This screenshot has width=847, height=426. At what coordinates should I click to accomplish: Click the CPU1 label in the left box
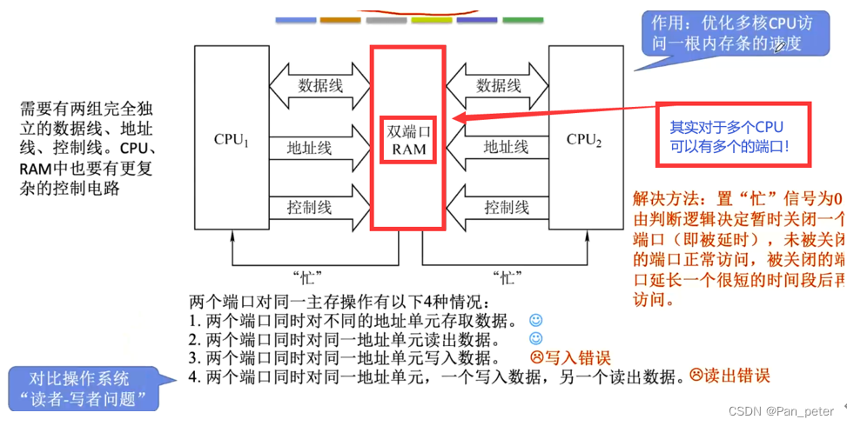point(232,139)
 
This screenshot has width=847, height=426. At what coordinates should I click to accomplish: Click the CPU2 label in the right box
point(584,139)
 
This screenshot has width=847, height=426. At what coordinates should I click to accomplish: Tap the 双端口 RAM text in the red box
point(408,140)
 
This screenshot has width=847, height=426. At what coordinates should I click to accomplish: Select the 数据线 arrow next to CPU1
point(320,86)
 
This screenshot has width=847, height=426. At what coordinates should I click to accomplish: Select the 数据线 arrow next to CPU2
point(498,86)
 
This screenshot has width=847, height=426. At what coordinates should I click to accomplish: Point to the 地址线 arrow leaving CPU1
point(319,148)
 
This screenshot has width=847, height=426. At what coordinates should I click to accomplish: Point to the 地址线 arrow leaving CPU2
point(498,148)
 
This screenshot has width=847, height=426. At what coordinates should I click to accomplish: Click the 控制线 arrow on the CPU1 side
point(319,208)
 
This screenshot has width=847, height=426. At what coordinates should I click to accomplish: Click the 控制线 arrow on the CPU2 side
point(498,208)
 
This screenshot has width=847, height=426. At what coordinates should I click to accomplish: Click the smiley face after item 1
point(535,321)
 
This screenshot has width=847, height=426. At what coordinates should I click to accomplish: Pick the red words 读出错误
point(736,376)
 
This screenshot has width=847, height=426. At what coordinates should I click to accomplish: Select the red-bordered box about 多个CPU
point(733,135)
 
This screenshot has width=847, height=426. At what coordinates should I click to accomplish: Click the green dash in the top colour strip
point(522,19)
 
